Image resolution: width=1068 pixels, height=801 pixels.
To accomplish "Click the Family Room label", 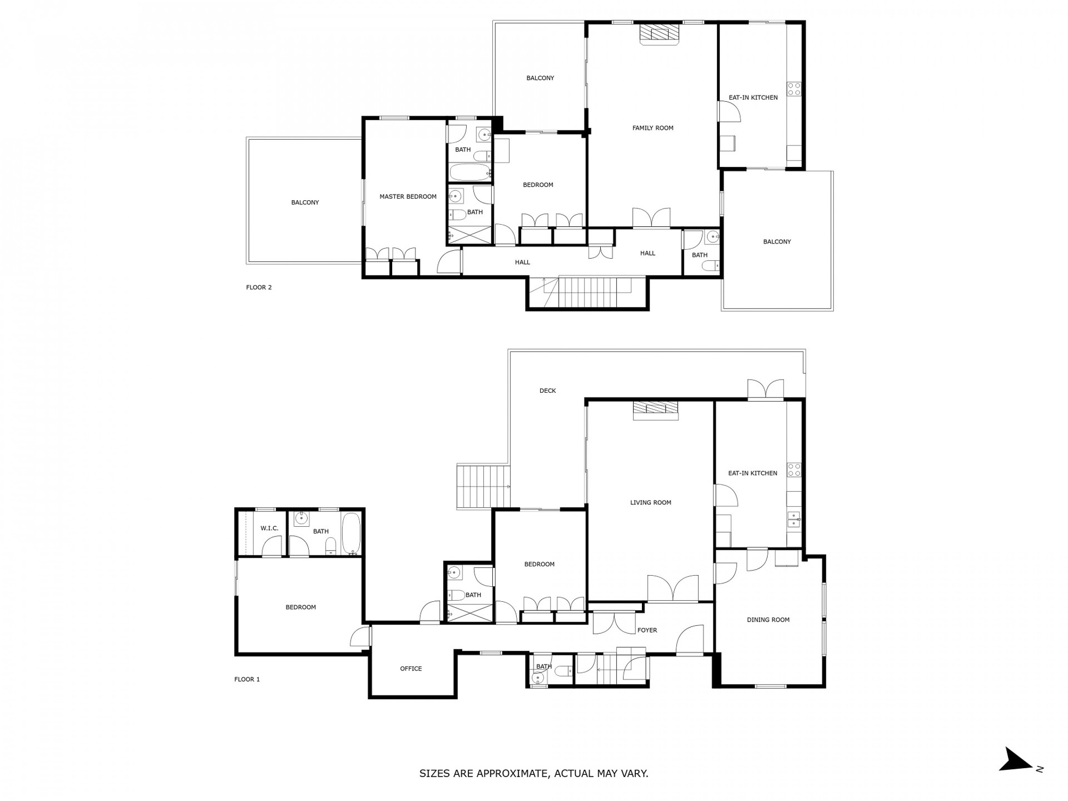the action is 652,128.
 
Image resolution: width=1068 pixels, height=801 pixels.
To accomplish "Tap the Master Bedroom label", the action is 408,197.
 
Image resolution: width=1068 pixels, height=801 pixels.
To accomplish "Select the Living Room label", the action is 650,503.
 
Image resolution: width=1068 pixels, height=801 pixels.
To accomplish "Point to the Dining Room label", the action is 768,620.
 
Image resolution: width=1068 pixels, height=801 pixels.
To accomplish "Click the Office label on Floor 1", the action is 411,669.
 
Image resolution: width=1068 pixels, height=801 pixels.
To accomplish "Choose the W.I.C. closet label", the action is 270,528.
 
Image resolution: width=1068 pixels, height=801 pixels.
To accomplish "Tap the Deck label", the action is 548,391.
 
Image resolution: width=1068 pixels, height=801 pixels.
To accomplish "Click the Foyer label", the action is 647,630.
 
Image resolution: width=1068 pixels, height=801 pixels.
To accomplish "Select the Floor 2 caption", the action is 259,287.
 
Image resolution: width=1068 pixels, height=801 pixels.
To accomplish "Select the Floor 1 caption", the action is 247,679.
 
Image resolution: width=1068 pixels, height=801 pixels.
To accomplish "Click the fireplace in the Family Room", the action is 660,34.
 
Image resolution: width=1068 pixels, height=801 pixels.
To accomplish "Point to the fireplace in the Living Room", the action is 656,410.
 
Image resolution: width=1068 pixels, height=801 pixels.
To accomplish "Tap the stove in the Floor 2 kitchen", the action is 794,89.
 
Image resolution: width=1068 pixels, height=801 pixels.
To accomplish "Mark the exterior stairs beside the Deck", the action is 483,487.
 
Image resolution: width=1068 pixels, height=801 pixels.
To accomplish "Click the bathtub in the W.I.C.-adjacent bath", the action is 351,533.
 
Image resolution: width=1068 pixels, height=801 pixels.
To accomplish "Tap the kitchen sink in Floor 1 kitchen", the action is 794,519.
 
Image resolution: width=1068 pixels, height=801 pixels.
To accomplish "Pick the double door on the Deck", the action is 766,390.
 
